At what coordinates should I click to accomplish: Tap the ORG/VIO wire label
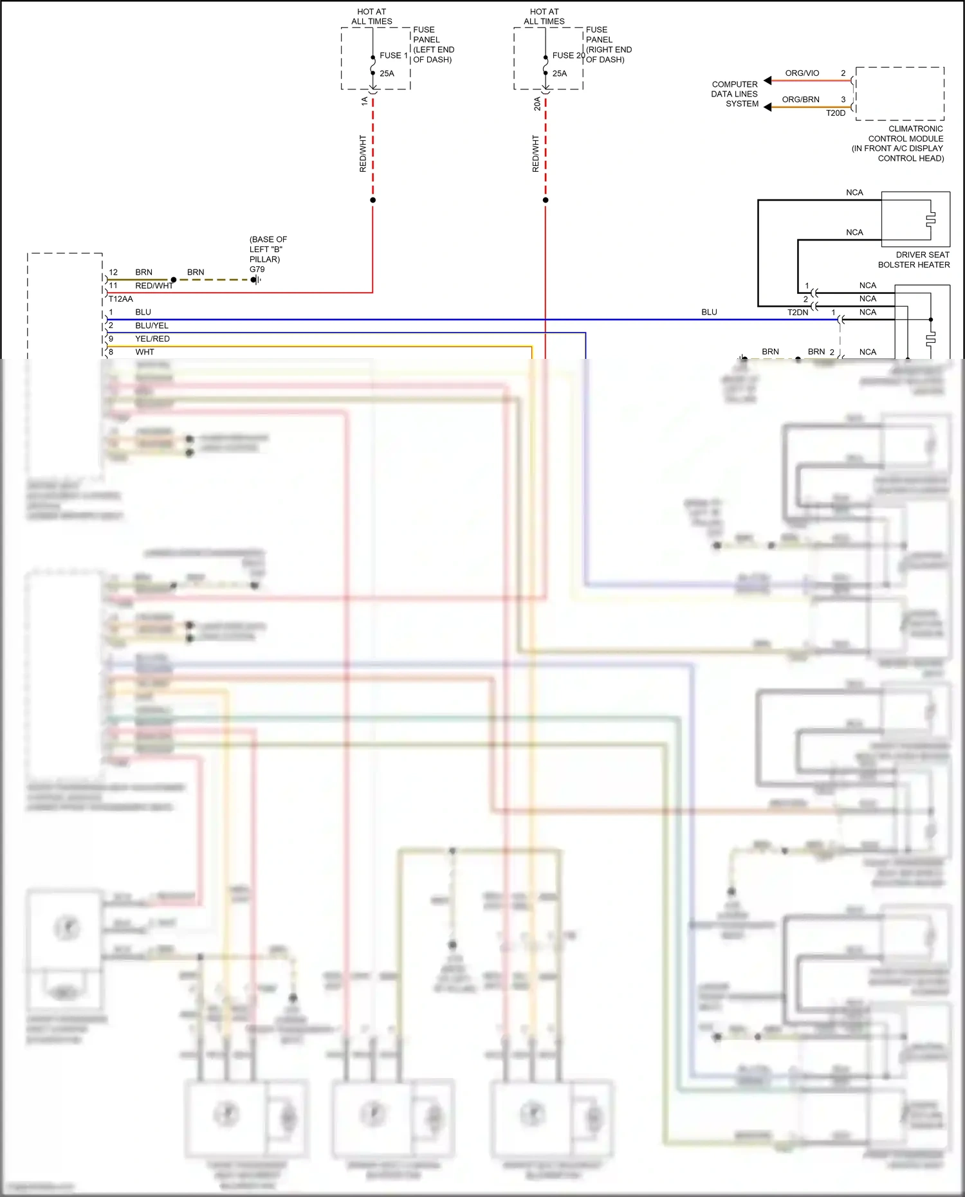coord(802,73)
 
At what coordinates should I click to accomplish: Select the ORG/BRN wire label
coord(800,100)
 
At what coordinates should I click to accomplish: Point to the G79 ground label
coord(257,270)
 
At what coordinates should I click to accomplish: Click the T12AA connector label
coord(121,299)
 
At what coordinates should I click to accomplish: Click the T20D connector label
coord(835,113)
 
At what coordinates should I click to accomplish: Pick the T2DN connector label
coord(798,313)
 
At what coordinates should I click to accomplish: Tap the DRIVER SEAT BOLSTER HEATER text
coord(914,260)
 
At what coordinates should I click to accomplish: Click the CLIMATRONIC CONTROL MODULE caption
coord(905,143)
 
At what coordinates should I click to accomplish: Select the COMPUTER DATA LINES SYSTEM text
coord(735,94)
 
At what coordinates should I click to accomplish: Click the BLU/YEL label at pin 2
coord(152,325)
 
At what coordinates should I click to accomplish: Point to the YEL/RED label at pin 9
coord(152,339)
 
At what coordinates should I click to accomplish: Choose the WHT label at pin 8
coord(145,352)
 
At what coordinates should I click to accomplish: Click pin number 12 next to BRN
coord(113,273)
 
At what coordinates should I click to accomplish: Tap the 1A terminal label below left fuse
coord(365,101)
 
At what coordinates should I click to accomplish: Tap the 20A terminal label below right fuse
coord(537,104)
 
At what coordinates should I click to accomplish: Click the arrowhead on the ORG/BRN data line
coord(767,107)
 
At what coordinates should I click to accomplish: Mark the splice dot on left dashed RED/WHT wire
coord(372,200)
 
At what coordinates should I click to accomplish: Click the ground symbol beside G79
coord(256,280)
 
